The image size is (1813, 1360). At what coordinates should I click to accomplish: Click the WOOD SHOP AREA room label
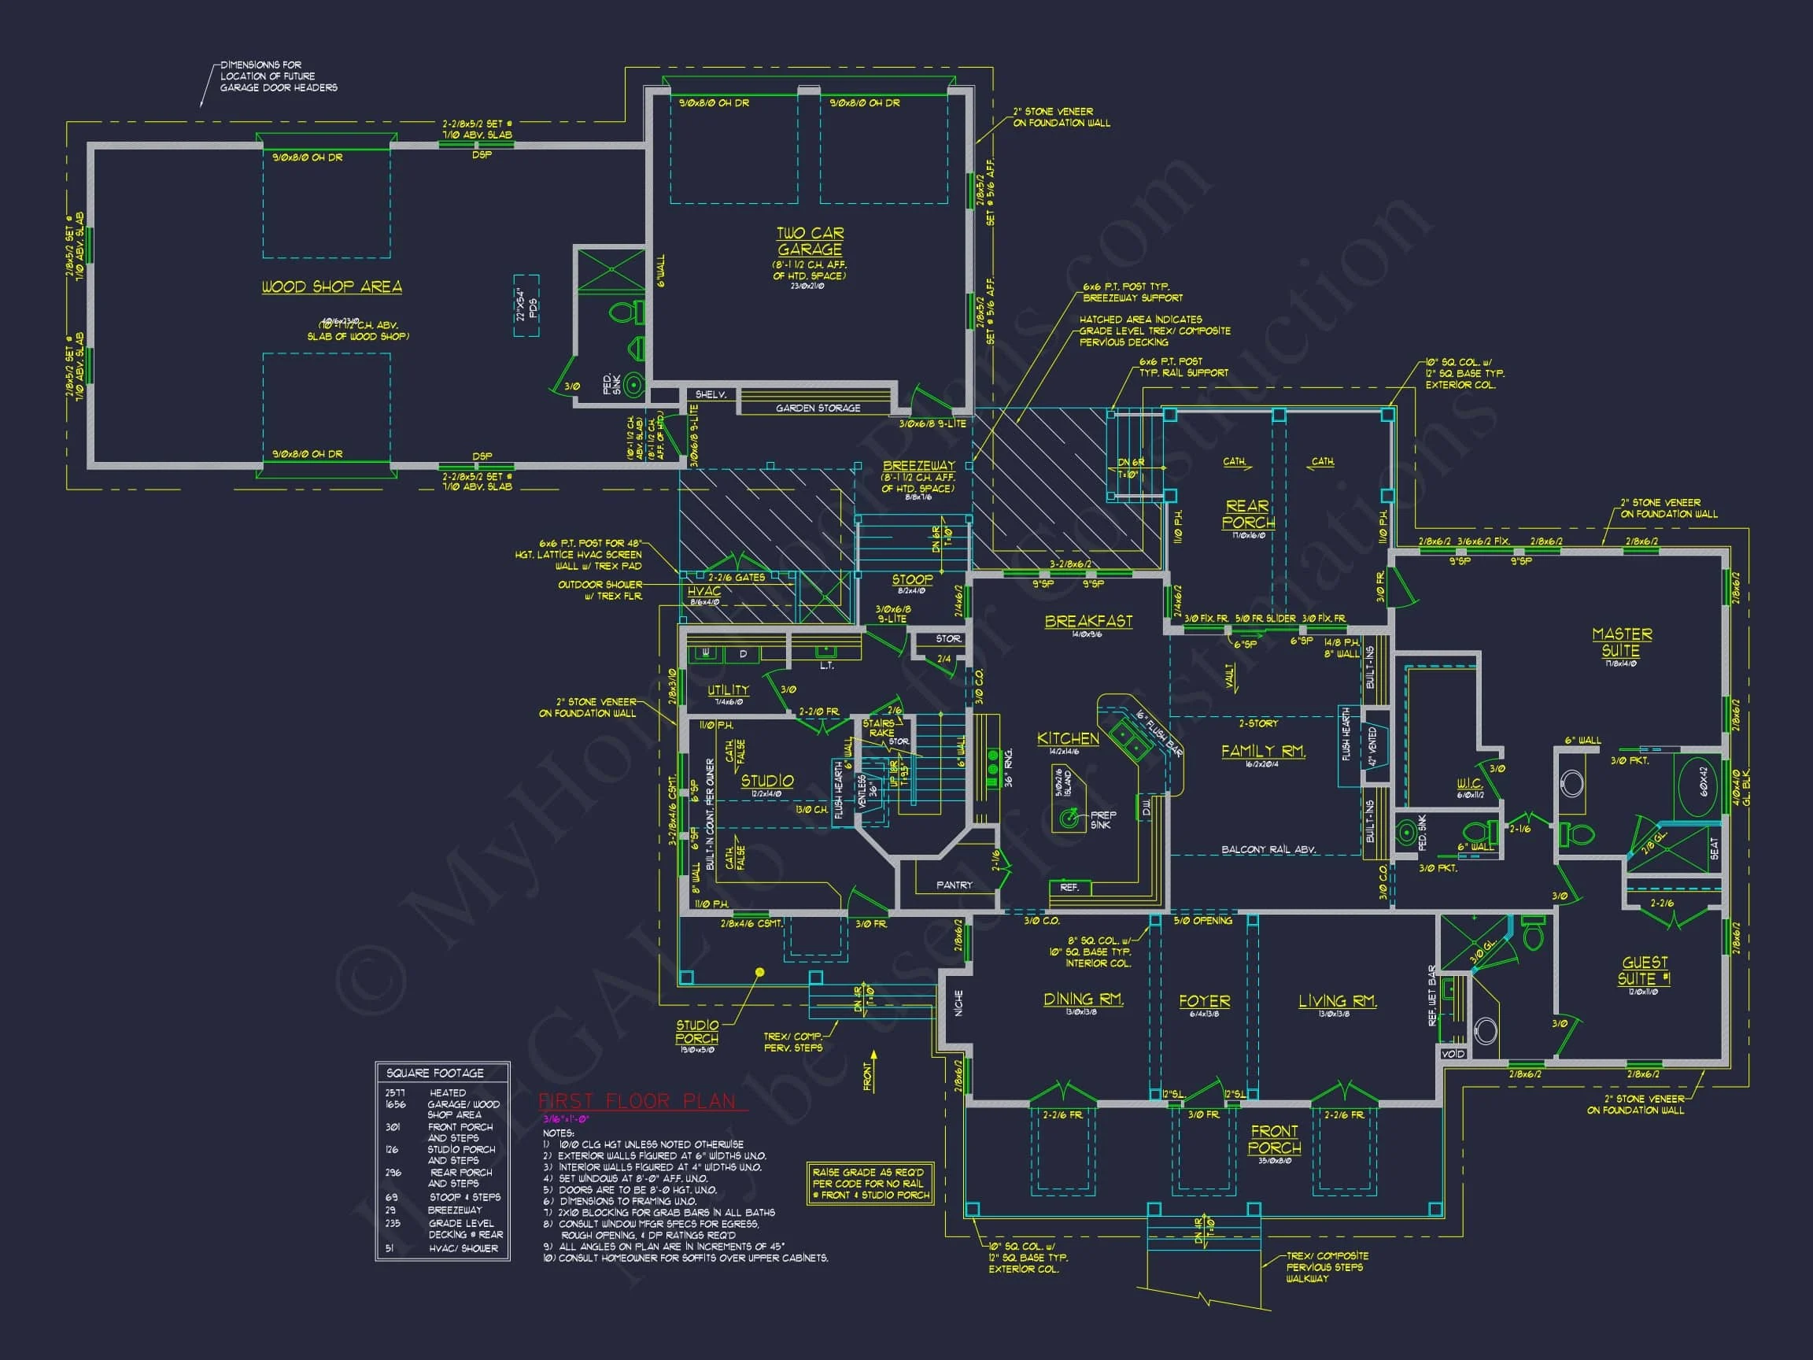tap(331, 287)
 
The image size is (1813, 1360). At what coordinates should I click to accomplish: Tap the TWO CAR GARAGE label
tap(810, 242)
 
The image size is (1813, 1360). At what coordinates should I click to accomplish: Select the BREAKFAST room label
tap(1088, 622)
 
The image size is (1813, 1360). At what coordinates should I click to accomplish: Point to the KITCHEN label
tap(1068, 738)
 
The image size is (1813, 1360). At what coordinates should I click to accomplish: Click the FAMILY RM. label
tap(1263, 751)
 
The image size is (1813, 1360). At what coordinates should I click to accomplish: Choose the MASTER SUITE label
tap(1621, 642)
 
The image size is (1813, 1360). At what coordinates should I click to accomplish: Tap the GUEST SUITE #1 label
tap(1643, 970)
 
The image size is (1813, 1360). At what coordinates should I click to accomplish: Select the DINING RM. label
tap(1083, 1000)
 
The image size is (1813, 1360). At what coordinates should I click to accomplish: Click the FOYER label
tap(1204, 1001)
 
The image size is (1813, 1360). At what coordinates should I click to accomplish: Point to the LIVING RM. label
tap(1338, 1001)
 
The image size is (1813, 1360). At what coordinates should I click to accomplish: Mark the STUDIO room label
tap(767, 781)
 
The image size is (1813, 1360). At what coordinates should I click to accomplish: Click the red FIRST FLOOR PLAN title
tap(637, 1101)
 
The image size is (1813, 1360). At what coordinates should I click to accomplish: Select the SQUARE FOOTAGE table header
tap(435, 1073)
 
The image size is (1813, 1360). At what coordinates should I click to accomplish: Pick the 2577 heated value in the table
tap(395, 1092)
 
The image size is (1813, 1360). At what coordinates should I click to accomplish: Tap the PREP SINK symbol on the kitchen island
tap(1068, 817)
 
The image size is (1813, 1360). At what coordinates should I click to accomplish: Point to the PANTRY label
tap(954, 885)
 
